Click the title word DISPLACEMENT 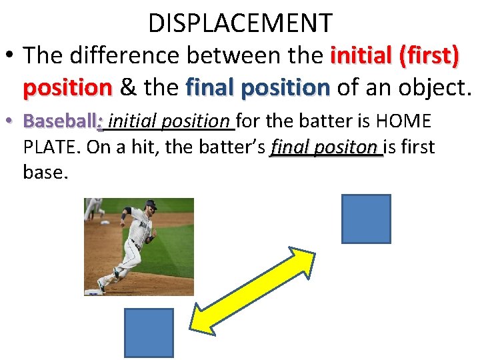pyautogui.click(x=240, y=23)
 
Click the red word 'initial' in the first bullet pyautogui.click(x=360, y=56)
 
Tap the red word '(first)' pyautogui.click(x=429, y=56)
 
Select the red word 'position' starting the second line pyautogui.click(x=67, y=87)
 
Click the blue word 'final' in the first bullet pyautogui.click(x=215, y=87)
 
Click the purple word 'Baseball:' pyautogui.click(x=62, y=121)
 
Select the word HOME pyautogui.click(x=404, y=121)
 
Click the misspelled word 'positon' pyautogui.click(x=351, y=147)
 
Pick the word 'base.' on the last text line pyautogui.click(x=45, y=172)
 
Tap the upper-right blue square pyautogui.click(x=365, y=219)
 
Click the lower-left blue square pyautogui.click(x=149, y=333)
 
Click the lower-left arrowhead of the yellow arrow pyautogui.click(x=201, y=319)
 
